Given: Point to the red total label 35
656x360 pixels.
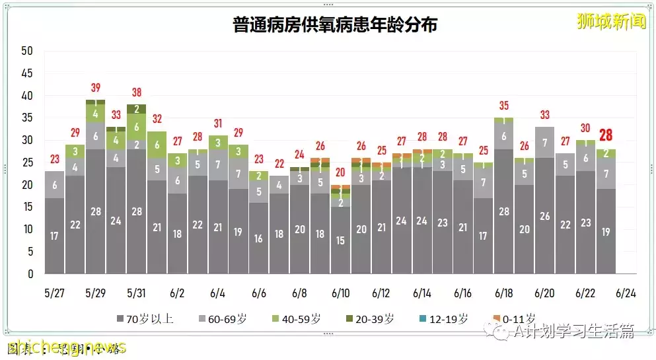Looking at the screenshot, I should click(504, 106).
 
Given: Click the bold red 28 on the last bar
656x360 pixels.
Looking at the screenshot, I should click(605, 135).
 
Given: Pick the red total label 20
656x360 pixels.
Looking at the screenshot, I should click(341, 172).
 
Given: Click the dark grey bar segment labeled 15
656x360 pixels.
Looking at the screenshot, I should click(341, 240).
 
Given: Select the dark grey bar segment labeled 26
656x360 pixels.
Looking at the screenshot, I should click(545, 216).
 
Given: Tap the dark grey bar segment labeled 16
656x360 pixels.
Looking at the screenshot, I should click(259, 238).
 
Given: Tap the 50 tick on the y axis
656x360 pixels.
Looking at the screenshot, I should click(27, 51).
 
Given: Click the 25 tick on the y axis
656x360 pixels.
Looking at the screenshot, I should click(27, 162).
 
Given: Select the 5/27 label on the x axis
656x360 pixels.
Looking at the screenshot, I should click(55, 293).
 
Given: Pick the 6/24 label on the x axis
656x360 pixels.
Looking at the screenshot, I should click(626, 293).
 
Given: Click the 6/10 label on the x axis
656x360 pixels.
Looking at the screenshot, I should click(340, 293).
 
